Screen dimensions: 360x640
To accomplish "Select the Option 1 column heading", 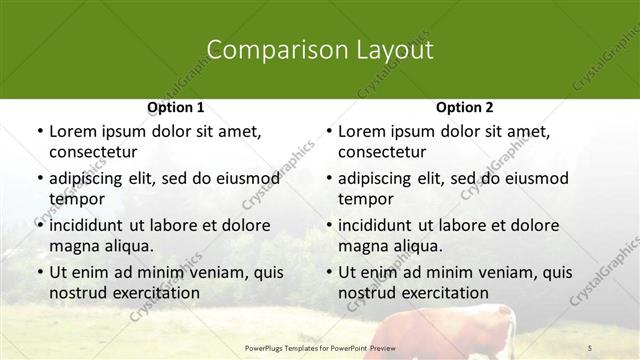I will click(x=175, y=107).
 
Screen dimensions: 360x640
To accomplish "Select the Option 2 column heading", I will click(x=464, y=107).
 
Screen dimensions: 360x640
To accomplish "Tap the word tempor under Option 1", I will click(x=76, y=199).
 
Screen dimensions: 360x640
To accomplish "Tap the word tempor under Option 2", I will click(x=365, y=199).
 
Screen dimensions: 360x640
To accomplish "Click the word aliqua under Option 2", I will click(x=418, y=246).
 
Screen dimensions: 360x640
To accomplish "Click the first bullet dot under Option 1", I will click(x=38, y=132).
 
